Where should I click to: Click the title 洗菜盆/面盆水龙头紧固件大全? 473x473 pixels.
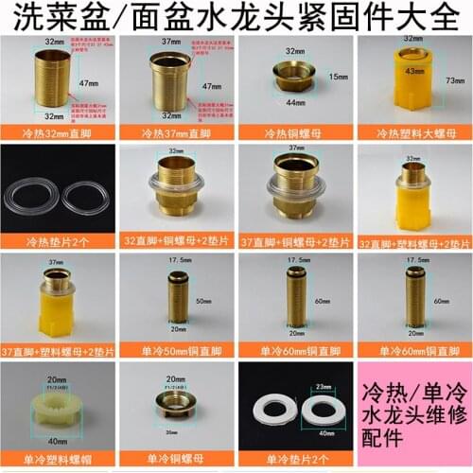[236, 16]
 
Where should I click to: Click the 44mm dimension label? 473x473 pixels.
[290, 100]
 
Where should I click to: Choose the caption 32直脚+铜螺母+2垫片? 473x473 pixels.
[177, 241]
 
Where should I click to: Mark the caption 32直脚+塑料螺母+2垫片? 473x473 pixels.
[414, 241]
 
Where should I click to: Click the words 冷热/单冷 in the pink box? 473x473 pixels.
[413, 394]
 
